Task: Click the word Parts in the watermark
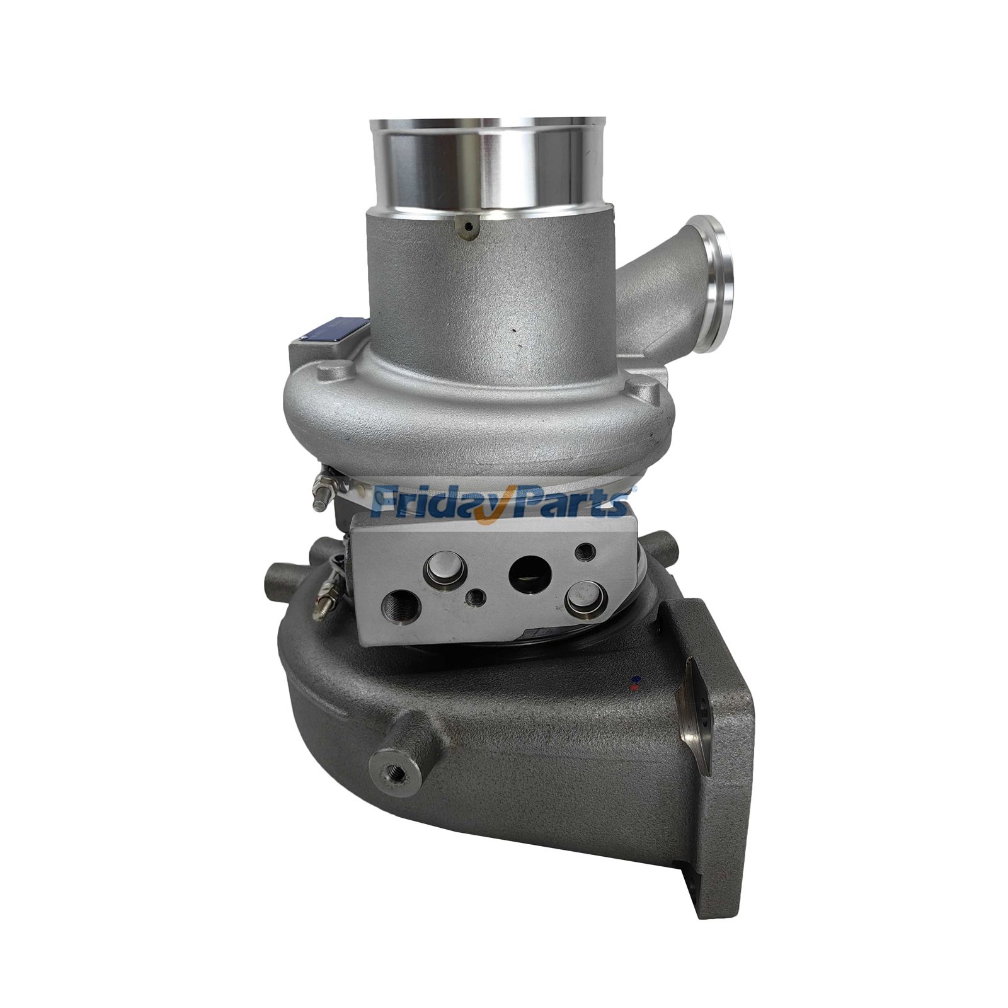(x=567, y=503)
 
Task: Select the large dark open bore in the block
(x=530, y=572)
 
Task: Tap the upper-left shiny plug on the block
(x=446, y=570)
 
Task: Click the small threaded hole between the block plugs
(x=476, y=596)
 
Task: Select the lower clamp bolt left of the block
(x=325, y=598)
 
